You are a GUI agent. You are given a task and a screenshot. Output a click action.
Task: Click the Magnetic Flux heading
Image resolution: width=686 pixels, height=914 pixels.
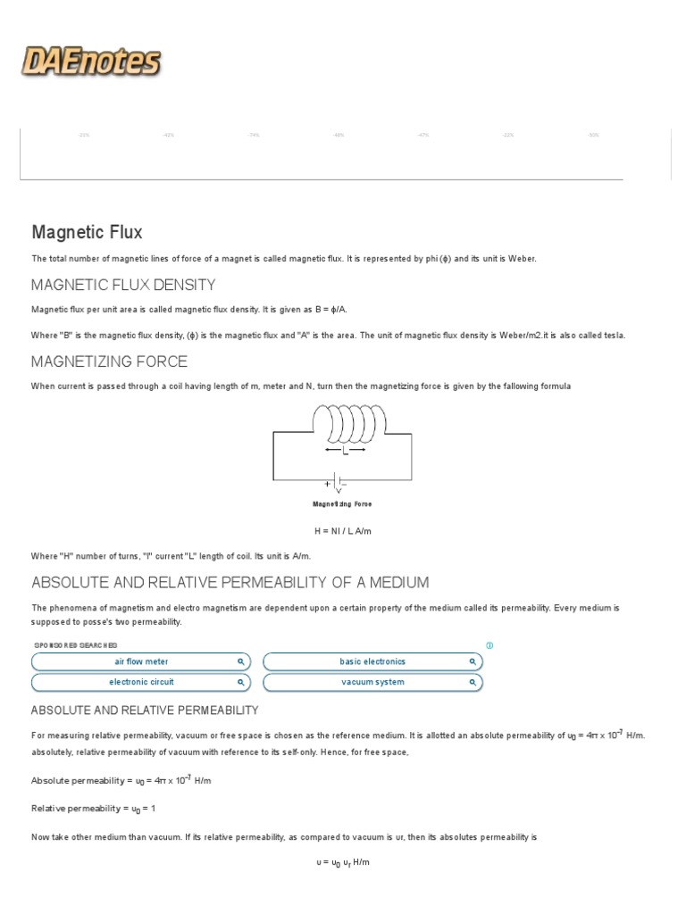87,232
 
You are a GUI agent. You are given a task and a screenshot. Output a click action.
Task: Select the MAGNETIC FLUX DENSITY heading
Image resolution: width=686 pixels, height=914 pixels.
123,285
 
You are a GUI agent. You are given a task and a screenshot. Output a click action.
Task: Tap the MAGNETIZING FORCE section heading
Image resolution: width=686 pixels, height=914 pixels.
109,361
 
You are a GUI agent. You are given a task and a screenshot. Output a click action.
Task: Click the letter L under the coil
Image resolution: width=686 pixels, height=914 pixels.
345,451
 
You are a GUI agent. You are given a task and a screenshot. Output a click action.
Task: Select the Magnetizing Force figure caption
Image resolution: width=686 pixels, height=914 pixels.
342,504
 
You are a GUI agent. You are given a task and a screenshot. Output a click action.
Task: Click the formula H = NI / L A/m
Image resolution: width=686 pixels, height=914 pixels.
342,531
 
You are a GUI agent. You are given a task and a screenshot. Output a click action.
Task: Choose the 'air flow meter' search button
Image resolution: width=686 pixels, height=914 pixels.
141,661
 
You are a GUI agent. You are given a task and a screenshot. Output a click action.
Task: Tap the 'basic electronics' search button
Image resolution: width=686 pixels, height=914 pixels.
372,661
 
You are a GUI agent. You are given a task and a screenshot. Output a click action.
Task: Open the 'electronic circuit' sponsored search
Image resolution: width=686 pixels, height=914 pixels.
141,682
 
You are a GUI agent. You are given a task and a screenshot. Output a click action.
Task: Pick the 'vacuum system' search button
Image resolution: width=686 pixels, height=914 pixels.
372,682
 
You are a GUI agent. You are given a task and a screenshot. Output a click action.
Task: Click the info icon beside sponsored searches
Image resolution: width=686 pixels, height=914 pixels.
489,645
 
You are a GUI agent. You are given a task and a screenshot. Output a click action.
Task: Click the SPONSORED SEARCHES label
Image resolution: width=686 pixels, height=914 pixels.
75,645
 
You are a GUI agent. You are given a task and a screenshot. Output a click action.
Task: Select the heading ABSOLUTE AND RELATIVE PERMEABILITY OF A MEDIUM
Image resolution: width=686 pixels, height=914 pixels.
230,583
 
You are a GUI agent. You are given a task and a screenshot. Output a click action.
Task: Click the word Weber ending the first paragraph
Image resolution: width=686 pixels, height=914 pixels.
523,258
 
